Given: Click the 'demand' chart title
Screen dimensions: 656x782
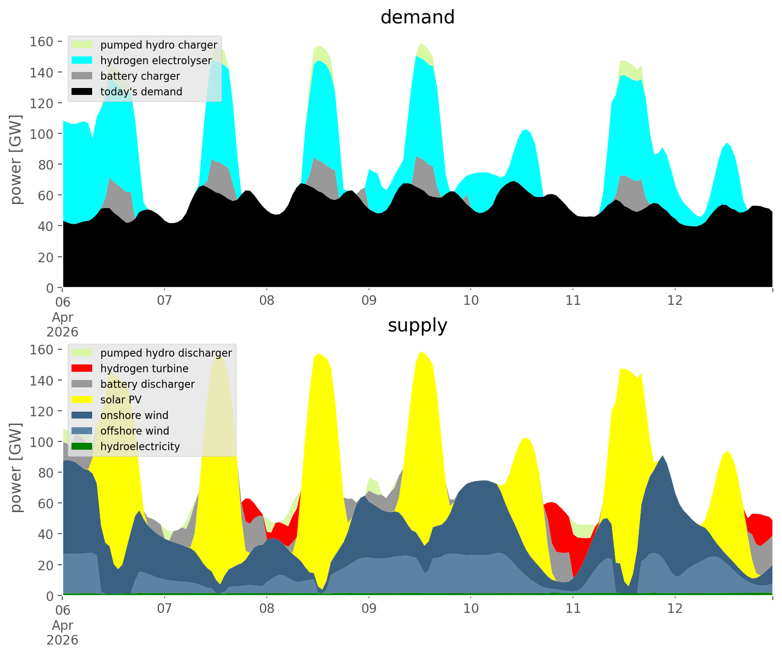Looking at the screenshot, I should pos(417,17).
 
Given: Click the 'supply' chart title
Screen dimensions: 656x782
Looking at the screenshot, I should pos(417,325).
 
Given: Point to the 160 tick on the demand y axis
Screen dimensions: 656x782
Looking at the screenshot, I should pos(41,42).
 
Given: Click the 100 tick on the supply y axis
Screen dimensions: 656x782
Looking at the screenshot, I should pos(41,442).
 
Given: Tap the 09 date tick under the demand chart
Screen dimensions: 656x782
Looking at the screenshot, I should pos(369,301).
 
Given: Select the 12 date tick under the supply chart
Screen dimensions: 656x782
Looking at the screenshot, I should pos(675,609).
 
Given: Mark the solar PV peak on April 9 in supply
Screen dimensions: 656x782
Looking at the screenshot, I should pos(420,352).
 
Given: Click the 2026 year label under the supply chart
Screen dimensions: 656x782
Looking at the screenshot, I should pos(62,640).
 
